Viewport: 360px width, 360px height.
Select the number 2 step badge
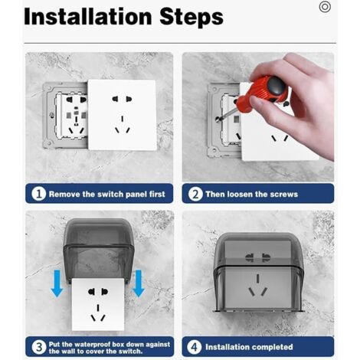coord(195,194)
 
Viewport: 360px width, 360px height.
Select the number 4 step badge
coord(195,347)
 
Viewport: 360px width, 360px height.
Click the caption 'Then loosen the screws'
coord(253,194)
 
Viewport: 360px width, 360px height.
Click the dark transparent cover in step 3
coord(97,249)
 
